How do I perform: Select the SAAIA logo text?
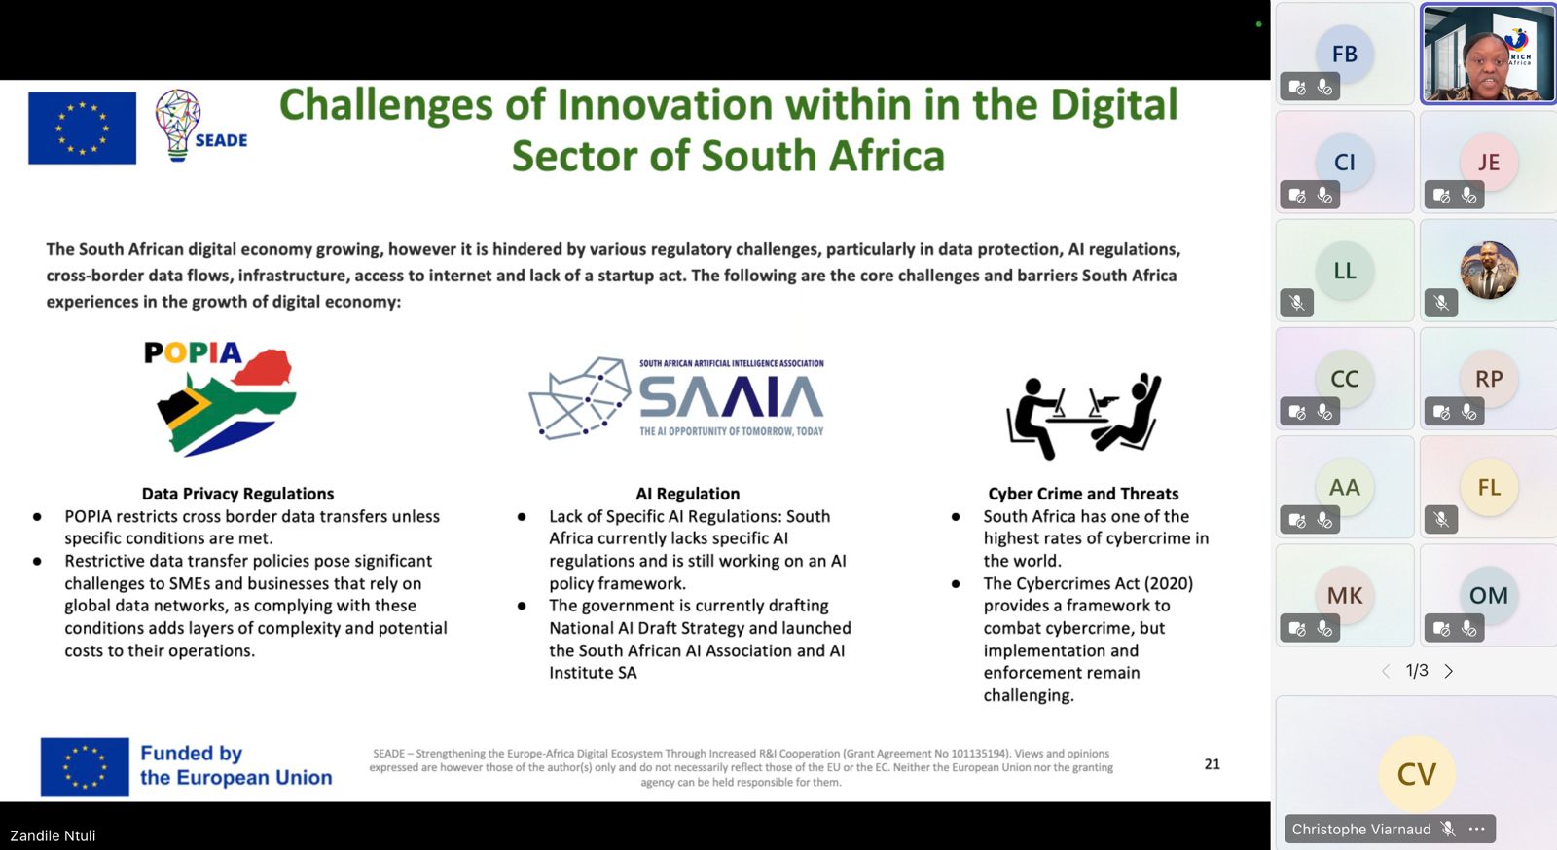click(731, 397)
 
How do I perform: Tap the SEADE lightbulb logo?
click(200, 126)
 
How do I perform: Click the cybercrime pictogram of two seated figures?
click(1084, 416)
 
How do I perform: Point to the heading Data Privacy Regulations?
click(237, 494)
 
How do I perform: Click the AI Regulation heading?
click(687, 494)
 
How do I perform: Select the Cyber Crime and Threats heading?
click(1083, 494)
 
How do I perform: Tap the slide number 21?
click(1213, 763)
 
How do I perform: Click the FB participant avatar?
click(1344, 54)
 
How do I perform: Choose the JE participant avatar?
click(1488, 162)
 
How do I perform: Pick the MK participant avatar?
click(1344, 595)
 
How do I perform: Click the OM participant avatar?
click(1488, 595)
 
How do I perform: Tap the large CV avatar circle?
click(1416, 773)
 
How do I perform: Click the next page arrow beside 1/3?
click(1449, 671)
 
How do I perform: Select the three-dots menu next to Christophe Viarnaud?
click(1476, 829)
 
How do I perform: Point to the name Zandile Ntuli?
click(53, 835)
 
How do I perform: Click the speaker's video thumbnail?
click(1488, 54)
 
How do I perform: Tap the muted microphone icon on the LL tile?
click(1296, 303)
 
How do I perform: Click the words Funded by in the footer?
click(191, 754)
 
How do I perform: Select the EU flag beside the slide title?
click(82, 128)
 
